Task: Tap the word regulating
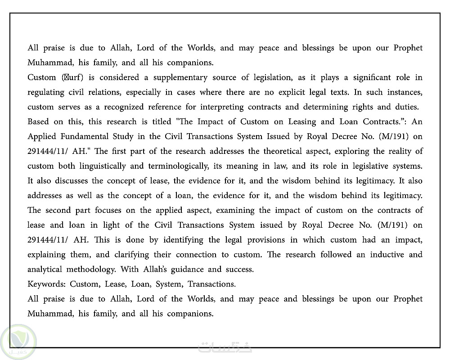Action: point(45,92)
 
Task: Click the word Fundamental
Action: point(82,136)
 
